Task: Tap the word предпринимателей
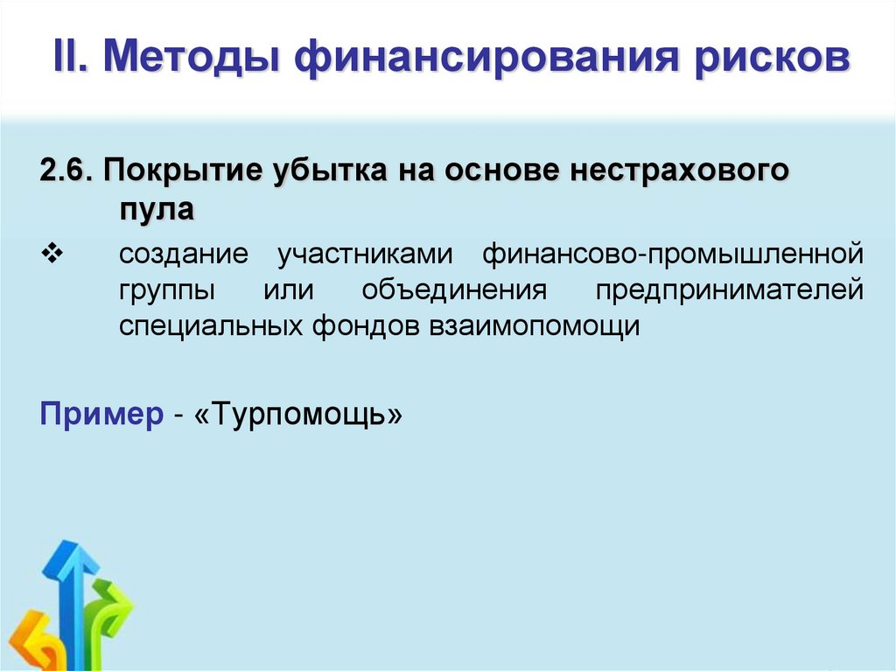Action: click(729, 290)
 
